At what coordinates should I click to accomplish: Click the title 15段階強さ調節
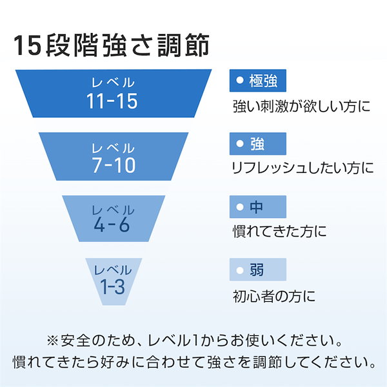coord(112,45)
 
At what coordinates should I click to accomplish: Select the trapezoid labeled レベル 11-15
coord(114,94)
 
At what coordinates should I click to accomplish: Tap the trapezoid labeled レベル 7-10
coord(114,157)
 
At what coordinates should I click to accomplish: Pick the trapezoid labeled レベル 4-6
coord(114,219)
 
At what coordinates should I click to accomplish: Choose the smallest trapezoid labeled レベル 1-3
coord(114,282)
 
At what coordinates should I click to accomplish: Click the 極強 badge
coord(258,81)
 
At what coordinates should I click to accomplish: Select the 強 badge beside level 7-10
coord(258,144)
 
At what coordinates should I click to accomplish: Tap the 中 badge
coord(258,207)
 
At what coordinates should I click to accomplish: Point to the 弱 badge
coord(258,270)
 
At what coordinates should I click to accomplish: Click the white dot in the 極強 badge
coord(240,80)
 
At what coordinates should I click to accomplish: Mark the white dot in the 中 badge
coord(240,207)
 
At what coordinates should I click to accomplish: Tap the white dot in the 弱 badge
coord(240,270)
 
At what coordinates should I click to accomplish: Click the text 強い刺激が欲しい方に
coord(302,106)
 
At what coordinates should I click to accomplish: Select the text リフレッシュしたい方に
coord(303,168)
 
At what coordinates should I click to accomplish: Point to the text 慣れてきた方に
coord(280,231)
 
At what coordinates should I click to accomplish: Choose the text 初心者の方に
coord(274,296)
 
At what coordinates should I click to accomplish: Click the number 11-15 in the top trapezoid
coord(112,101)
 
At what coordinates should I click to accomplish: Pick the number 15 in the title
coord(27,45)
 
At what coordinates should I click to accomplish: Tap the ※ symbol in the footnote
coord(53,341)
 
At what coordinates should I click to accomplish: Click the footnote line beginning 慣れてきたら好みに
coord(194,362)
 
